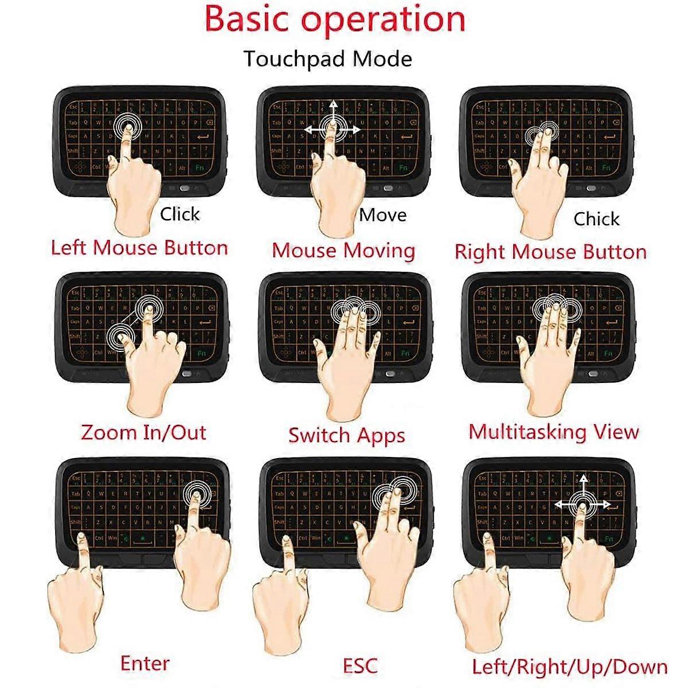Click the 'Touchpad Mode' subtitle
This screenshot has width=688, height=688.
[327, 59]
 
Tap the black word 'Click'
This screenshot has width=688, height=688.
[179, 214]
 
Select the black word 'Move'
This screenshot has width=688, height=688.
[383, 215]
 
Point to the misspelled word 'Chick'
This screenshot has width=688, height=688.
[596, 219]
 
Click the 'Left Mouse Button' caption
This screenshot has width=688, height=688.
[139, 248]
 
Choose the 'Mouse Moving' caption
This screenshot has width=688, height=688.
[343, 251]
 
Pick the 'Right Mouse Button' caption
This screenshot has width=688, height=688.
[550, 252]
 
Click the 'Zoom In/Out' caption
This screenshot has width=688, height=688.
[143, 432]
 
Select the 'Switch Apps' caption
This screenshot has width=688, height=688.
[346, 435]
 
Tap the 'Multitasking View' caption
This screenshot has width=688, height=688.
[553, 432]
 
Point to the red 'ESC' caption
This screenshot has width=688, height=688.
[360, 666]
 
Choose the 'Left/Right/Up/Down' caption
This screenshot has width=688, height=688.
[570, 667]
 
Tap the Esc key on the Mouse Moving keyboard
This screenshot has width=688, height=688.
[277, 107]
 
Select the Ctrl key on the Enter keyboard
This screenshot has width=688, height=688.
[98, 538]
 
